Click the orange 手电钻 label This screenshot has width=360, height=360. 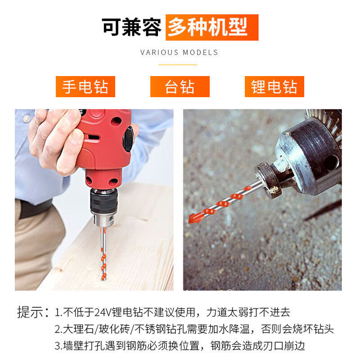tap(85, 86)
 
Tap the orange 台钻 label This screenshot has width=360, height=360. tap(180, 86)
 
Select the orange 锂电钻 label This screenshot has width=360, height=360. tap(274, 86)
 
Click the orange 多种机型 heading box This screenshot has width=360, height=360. tap(211, 27)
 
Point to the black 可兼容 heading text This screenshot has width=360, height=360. tap(131, 27)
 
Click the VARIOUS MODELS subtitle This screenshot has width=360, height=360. tap(179, 52)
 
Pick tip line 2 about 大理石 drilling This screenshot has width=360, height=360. tap(194, 329)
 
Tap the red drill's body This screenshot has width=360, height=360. tap(106, 144)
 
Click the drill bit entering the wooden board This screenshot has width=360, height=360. tap(104, 256)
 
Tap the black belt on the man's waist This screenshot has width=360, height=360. tap(36, 208)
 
